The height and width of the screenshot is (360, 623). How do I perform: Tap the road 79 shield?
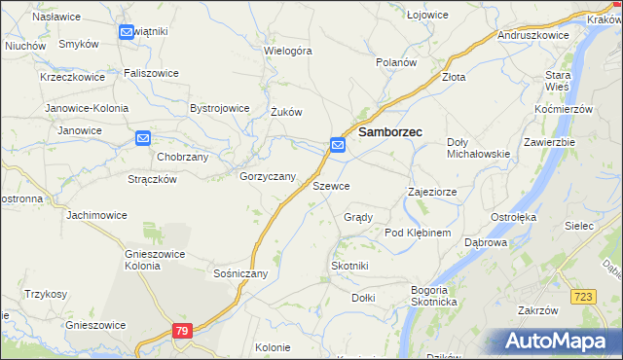tap(182, 332)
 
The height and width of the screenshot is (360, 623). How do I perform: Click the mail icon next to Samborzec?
tap(338, 145)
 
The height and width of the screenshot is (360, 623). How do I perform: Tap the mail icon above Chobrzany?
tap(143, 139)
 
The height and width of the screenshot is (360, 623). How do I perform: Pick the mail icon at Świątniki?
tap(127, 32)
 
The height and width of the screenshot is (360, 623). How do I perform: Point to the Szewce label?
tap(331, 185)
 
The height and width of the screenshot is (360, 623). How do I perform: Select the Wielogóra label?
tap(288, 50)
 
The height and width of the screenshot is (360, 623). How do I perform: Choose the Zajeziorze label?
tap(432, 193)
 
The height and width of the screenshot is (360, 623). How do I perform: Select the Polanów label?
tap(397, 61)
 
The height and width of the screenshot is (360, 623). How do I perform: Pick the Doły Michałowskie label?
tap(478, 148)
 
